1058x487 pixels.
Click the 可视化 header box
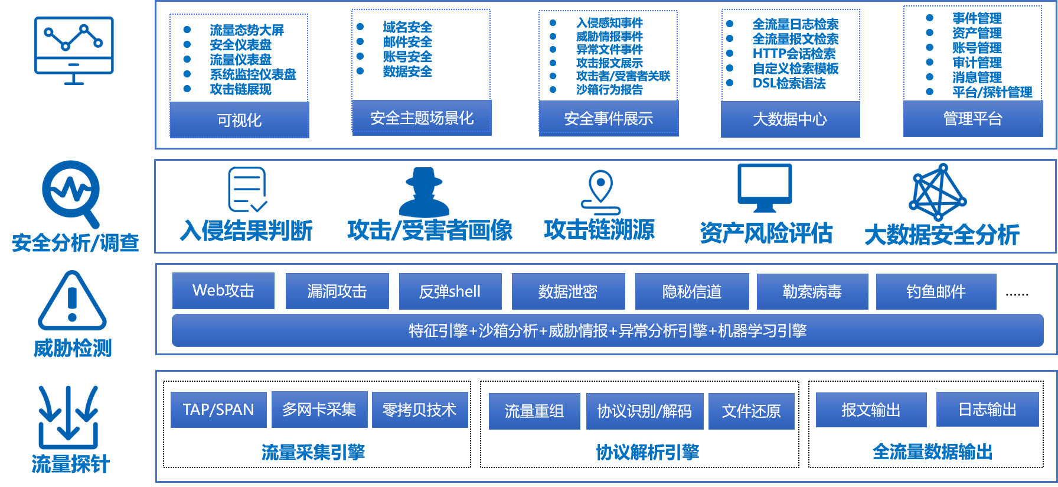(x=239, y=120)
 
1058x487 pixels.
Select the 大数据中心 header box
(x=790, y=119)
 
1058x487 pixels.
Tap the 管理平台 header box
(x=973, y=119)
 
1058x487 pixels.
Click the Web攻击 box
(x=223, y=291)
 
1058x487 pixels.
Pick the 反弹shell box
(x=450, y=291)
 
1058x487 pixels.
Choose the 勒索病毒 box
(x=812, y=291)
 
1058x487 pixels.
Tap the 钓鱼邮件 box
(x=936, y=291)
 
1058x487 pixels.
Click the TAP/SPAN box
(x=218, y=410)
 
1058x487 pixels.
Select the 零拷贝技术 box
(x=420, y=410)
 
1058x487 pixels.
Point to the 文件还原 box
(x=752, y=411)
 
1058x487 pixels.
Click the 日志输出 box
(x=987, y=409)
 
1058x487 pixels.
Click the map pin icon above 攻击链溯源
(x=600, y=193)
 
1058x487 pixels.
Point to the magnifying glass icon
(x=71, y=194)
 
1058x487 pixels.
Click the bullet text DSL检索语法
(x=789, y=83)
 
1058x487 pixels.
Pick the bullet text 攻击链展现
(x=241, y=89)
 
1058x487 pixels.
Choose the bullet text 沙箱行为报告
(x=609, y=90)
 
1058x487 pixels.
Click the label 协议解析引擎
(x=647, y=452)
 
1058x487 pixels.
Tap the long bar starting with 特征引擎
(x=608, y=330)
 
